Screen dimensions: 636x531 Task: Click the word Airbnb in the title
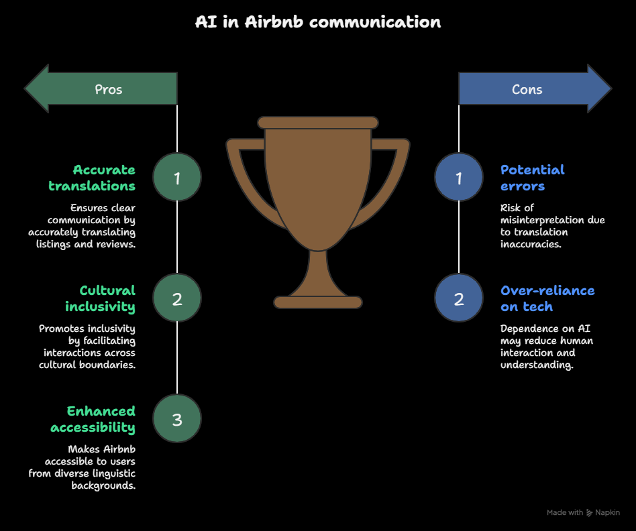click(x=274, y=22)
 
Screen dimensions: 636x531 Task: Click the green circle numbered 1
click(x=177, y=177)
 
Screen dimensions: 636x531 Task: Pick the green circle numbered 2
click(x=177, y=298)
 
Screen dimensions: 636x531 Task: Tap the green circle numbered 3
click(x=177, y=419)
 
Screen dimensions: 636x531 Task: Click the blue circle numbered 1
click(x=459, y=177)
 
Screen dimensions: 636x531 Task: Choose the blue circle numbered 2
click(x=459, y=298)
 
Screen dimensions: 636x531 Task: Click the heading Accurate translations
click(x=92, y=178)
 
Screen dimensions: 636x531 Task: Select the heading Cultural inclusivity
click(x=100, y=299)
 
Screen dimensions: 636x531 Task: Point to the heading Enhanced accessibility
click(x=93, y=420)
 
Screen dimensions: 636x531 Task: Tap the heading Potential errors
click(x=532, y=178)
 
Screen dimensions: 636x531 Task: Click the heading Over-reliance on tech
click(x=547, y=298)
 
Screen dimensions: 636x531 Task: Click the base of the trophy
click(x=318, y=302)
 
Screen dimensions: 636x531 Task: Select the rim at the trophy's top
click(x=318, y=123)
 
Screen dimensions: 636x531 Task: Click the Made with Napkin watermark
click(x=583, y=512)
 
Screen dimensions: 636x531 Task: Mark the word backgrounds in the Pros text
click(x=103, y=485)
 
